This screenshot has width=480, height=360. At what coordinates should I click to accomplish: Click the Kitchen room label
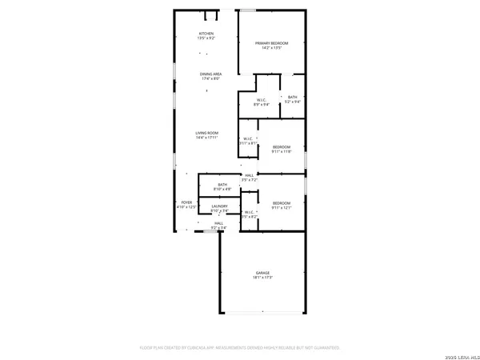207,33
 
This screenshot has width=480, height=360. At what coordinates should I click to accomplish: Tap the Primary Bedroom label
271,42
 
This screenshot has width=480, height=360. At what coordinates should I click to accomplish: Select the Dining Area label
212,74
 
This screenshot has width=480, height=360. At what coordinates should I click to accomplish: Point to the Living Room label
207,133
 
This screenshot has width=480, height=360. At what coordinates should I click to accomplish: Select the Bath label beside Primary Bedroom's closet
293,97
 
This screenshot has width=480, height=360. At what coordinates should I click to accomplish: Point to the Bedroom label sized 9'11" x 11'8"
281,146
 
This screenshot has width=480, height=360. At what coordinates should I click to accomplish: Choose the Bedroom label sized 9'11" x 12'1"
281,203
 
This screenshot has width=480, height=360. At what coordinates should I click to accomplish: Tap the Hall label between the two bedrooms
250,175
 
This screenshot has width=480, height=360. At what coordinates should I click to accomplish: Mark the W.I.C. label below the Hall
249,212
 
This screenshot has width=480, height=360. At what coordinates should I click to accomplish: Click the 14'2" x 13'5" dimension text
271,48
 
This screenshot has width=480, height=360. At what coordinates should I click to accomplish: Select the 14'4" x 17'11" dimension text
207,138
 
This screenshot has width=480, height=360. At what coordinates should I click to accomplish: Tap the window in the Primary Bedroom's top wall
250,10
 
